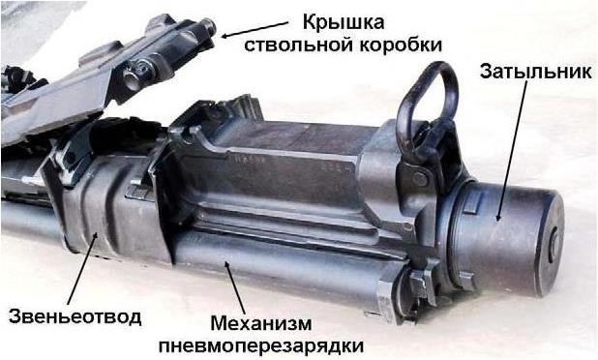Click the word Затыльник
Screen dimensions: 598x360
coord(535,72)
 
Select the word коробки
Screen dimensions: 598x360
coord(401,45)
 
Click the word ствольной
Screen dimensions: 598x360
coord(299,45)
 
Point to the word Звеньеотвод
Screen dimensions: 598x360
coord(75,316)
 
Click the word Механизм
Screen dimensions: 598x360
coord(261,324)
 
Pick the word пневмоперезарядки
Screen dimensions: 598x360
coord(261,346)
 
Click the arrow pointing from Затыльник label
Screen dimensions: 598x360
coord(512,151)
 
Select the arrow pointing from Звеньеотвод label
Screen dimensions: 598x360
coord(81,268)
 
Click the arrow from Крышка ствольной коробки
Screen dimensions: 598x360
coord(254,29)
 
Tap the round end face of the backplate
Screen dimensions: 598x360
coord(551,244)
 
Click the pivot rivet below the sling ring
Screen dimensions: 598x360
coord(420,178)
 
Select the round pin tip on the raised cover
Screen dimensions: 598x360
coord(209,28)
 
